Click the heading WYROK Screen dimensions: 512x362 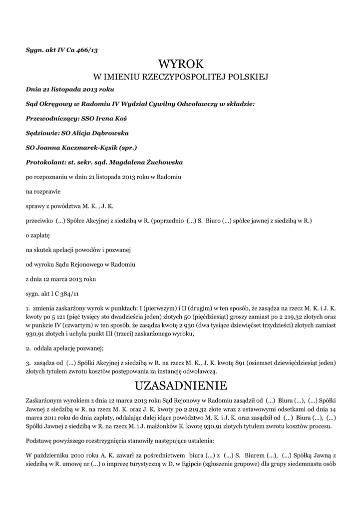[181, 63]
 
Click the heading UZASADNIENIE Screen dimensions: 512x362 [181, 385]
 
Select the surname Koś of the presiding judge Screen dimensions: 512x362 [119, 119]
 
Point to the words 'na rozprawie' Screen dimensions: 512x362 [41, 191]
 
